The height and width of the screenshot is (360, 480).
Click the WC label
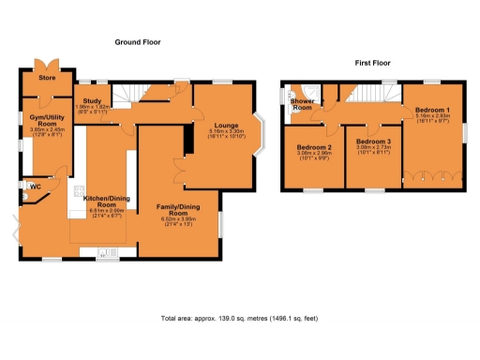coord(35,186)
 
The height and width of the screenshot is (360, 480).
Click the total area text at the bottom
coord(239,319)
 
